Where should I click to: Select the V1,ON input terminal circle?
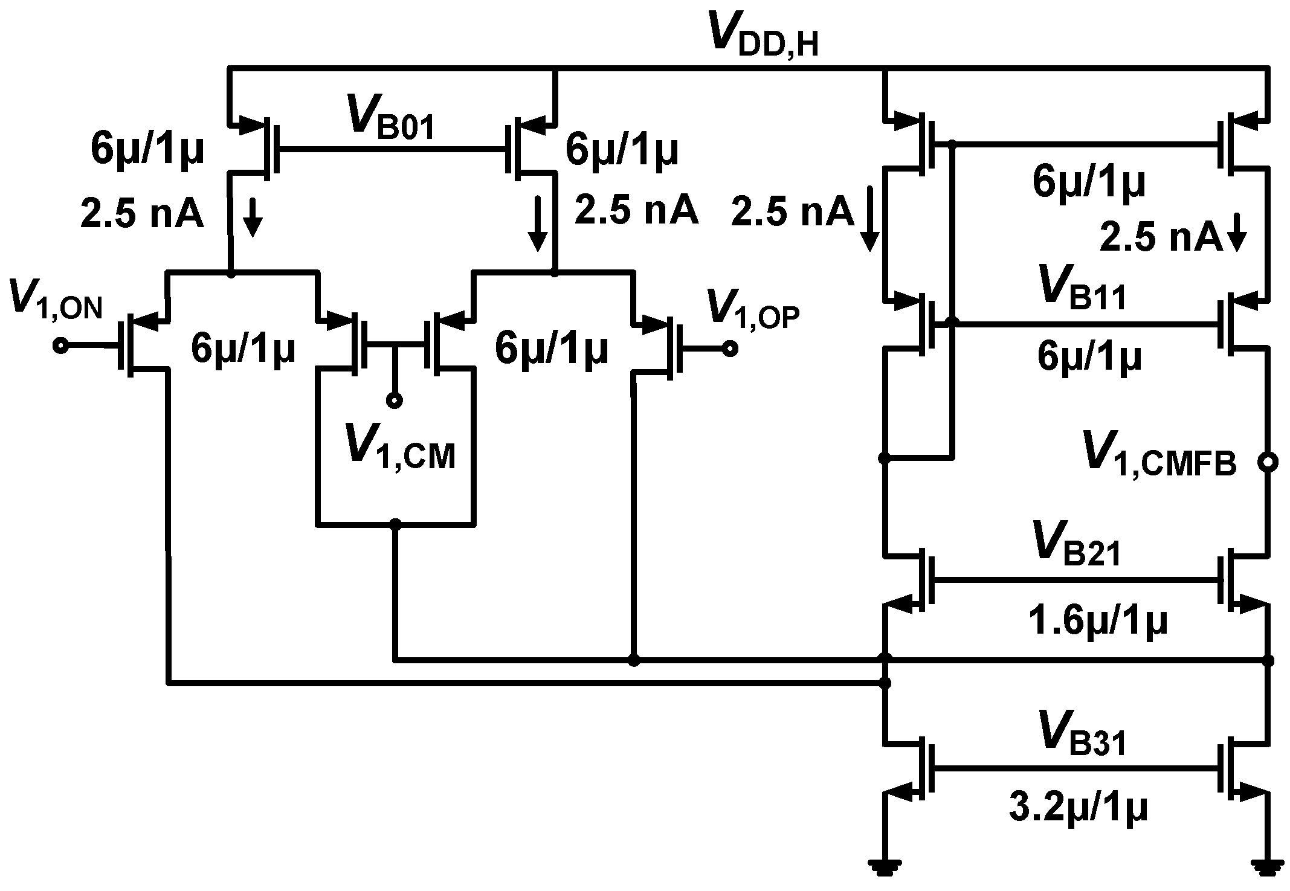[x=60, y=346]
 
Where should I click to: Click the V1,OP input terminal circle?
[x=730, y=349]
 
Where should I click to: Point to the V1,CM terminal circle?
[x=395, y=400]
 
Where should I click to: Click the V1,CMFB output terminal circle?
[x=1267, y=462]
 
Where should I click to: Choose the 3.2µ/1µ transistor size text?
[x=1078, y=808]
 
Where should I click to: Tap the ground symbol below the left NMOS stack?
[x=885, y=869]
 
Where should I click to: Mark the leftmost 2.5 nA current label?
[x=141, y=215]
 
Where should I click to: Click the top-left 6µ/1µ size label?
[x=147, y=149]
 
